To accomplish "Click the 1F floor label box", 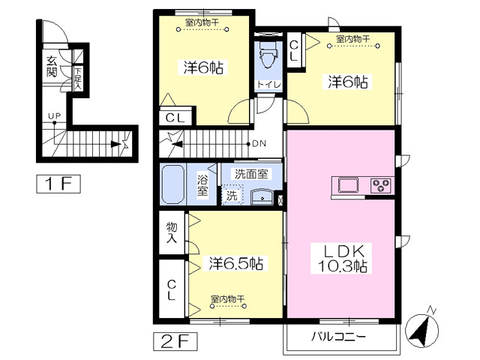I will [x=58, y=182].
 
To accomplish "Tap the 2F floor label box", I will [x=175, y=340].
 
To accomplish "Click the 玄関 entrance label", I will [x=52, y=67].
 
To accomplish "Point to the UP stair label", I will [x=54, y=115].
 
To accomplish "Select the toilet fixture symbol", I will [x=268, y=55].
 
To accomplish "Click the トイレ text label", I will [x=268, y=84].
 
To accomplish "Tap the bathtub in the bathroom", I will [x=175, y=184].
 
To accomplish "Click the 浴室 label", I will [x=202, y=184].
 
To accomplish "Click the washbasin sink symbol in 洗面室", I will [x=262, y=196].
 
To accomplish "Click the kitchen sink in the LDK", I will [x=349, y=184].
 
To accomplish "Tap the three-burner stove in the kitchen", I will [x=380, y=184].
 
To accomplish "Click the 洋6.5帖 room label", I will [x=235, y=263].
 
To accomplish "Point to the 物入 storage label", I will [x=172, y=232].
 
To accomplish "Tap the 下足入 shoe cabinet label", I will [x=77, y=78].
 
